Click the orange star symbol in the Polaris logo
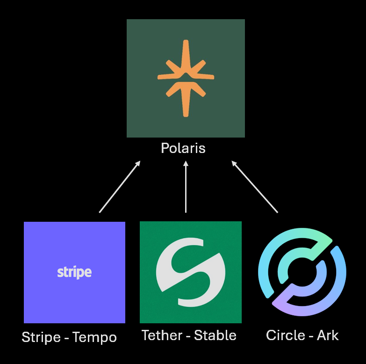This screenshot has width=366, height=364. [186, 78]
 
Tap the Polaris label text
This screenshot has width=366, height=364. [183, 148]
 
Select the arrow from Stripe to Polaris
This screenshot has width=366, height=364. [120, 187]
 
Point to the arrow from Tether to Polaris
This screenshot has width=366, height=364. [186, 187]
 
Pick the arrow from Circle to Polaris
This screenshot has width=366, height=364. [255, 187]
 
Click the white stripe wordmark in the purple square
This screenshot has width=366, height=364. [74, 272]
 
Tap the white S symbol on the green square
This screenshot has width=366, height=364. [191, 272]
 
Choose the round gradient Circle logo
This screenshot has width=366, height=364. [302, 272]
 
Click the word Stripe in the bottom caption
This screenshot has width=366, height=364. [41, 337]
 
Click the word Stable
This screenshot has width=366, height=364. [215, 335]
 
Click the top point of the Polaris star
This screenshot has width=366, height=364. [186, 43]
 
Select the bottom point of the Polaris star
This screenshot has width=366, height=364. [186, 114]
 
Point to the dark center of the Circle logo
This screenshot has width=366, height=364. [302, 272]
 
